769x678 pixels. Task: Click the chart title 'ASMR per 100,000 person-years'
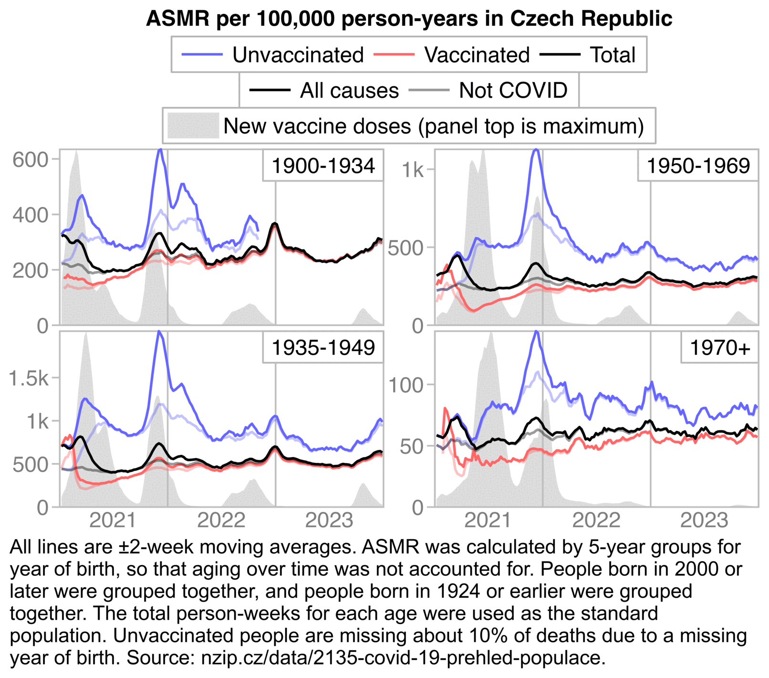coord(409,19)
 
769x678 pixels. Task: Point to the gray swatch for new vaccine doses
coord(193,126)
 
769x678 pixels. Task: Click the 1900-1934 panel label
coord(323,166)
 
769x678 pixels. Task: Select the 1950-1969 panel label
coord(698,166)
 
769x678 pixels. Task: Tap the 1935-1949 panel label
coord(323,348)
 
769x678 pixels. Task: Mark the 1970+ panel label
coord(720,348)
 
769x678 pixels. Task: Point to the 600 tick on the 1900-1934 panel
coord(31,160)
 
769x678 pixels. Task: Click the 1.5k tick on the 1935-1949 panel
coord(29,378)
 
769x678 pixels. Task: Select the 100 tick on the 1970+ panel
coord(406,385)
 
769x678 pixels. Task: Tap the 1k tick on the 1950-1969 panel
coord(412,170)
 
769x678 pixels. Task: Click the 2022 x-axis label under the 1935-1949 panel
coord(221,520)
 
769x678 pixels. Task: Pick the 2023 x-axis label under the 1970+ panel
coord(704,520)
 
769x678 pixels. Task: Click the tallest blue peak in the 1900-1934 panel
coord(160,150)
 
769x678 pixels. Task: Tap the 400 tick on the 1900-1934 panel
coord(31,215)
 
